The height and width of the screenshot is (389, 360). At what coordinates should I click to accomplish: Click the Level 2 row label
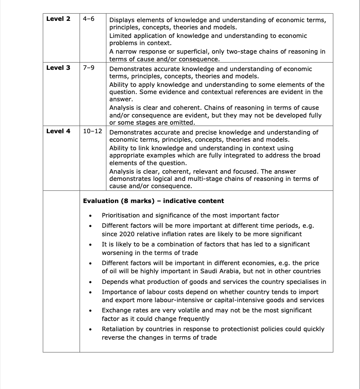58,19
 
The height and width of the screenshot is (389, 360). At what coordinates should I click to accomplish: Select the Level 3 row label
58,68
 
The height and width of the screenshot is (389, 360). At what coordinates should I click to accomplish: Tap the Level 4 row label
58,131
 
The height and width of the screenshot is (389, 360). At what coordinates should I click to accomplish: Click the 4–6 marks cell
89,19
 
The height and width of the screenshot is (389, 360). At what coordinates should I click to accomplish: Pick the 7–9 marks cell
89,68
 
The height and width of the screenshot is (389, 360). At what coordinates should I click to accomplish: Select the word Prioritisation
122,215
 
